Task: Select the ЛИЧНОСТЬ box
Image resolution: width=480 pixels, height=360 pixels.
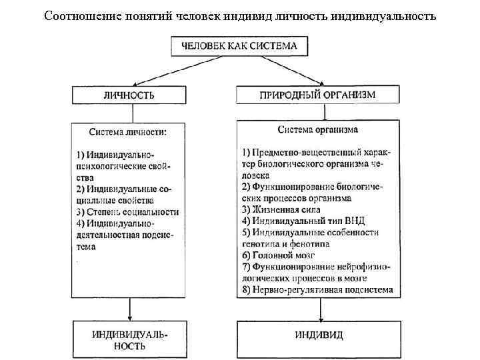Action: (x=129, y=95)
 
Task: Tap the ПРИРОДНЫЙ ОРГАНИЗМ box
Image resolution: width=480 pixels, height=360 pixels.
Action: (x=317, y=95)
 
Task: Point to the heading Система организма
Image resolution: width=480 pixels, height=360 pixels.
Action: (x=317, y=129)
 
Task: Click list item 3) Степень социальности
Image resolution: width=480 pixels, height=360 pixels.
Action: (x=127, y=211)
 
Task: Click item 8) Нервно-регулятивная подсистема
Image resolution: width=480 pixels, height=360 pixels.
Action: (x=317, y=290)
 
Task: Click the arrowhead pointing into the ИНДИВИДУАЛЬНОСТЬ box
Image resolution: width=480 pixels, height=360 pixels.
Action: (x=129, y=316)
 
